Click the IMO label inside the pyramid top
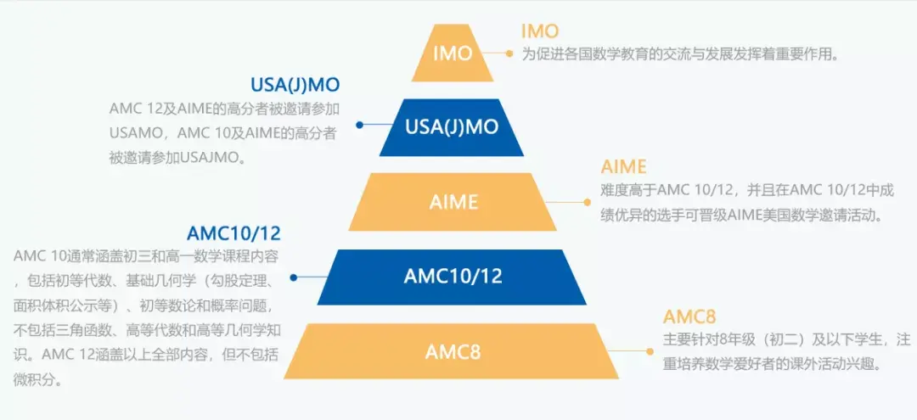pyautogui.click(x=452, y=53)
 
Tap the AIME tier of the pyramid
pyautogui.click(x=453, y=202)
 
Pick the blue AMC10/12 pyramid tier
pyautogui.click(x=453, y=277)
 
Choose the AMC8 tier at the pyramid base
pyautogui.click(x=452, y=350)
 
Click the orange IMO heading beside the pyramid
pyautogui.click(x=540, y=31)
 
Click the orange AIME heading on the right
pyautogui.click(x=623, y=166)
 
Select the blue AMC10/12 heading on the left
pyautogui.click(x=233, y=233)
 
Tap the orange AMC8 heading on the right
pyautogui.click(x=689, y=317)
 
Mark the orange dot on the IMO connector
pyautogui.click(x=509, y=53)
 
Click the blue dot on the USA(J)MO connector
pyautogui.click(x=359, y=125)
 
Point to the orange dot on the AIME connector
pyautogui.click(x=586, y=202)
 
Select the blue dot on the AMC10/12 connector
pyautogui.click(x=294, y=277)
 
